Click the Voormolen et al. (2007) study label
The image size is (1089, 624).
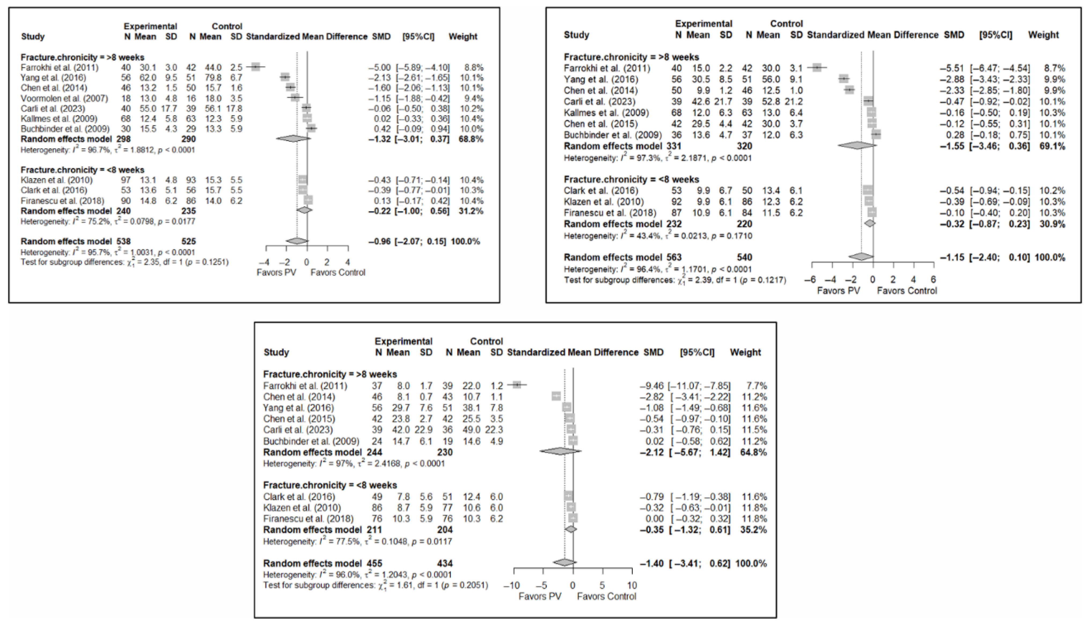(64, 98)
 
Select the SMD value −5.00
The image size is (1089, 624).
(379, 68)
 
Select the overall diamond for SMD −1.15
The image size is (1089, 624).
(861, 257)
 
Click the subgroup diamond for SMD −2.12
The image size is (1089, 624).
(560, 451)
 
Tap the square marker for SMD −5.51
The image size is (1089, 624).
(817, 68)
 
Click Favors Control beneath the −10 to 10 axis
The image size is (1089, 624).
(606, 596)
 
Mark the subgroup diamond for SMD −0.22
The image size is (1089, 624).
(305, 210)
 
